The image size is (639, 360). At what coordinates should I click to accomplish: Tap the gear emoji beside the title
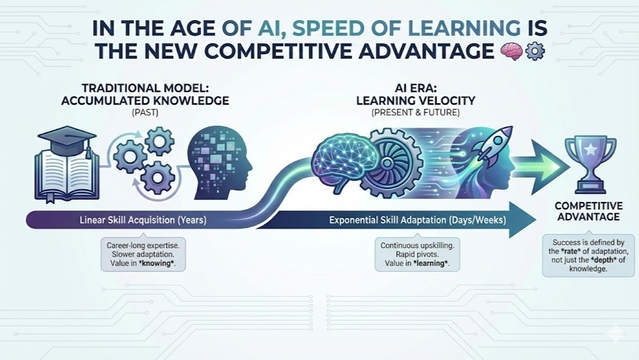point(534,52)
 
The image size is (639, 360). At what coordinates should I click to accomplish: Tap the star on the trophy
point(590,150)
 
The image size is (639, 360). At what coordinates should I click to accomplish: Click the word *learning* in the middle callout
point(430,263)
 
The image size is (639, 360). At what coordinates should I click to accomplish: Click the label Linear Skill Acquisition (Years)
point(143,220)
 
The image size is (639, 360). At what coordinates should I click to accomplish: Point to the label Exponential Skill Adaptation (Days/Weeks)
point(418,220)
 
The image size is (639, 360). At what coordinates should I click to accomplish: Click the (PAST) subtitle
point(145,112)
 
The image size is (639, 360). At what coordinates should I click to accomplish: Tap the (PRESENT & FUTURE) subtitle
point(415,112)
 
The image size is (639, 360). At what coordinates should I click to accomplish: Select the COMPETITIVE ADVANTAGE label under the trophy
point(589,211)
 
